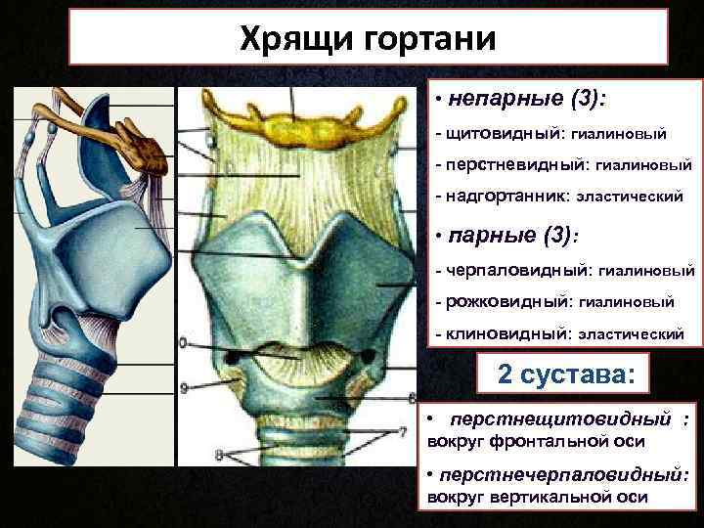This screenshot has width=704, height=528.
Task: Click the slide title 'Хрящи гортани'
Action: [x=369, y=39]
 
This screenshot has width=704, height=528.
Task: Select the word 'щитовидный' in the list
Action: [x=493, y=132]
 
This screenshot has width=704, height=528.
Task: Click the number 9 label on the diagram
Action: [x=185, y=388]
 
